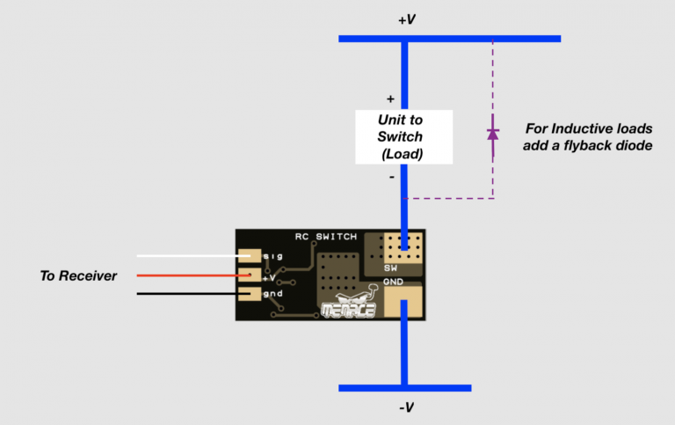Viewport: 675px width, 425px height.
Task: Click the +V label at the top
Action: [x=405, y=19]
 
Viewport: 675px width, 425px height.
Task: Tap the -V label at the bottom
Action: [x=405, y=407]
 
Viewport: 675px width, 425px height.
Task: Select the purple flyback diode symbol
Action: [x=493, y=133]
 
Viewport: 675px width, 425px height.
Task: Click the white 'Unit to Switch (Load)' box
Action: [x=403, y=136]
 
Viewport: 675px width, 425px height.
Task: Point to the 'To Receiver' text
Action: [x=78, y=275]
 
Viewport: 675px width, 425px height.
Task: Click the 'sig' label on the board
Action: [x=272, y=256]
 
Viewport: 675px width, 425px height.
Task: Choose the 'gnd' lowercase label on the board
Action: [x=273, y=293]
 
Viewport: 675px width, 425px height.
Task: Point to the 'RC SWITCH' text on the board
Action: [x=326, y=237]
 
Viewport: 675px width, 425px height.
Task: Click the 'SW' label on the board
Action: [x=391, y=267]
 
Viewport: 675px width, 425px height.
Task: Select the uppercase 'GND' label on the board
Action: [x=393, y=282]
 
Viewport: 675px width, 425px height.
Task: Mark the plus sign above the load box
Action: [x=390, y=99]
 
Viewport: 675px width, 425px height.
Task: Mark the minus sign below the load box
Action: [x=391, y=177]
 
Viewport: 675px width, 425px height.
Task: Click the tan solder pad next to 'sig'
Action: [x=249, y=256]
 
